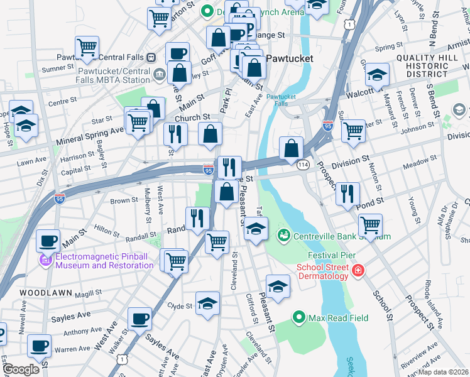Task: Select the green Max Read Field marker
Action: click(x=298, y=318)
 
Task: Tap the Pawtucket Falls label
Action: click(x=281, y=101)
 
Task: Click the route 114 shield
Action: click(x=303, y=164)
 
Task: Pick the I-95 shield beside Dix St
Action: click(x=59, y=180)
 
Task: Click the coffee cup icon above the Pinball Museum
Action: click(x=48, y=240)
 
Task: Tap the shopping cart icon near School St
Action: click(x=371, y=224)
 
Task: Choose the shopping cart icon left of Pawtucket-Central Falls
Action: click(x=87, y=46)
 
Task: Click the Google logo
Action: click(x=21, y=369)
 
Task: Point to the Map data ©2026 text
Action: click(x=444, y=372)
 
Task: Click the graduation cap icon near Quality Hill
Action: click(x=376, y=75)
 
